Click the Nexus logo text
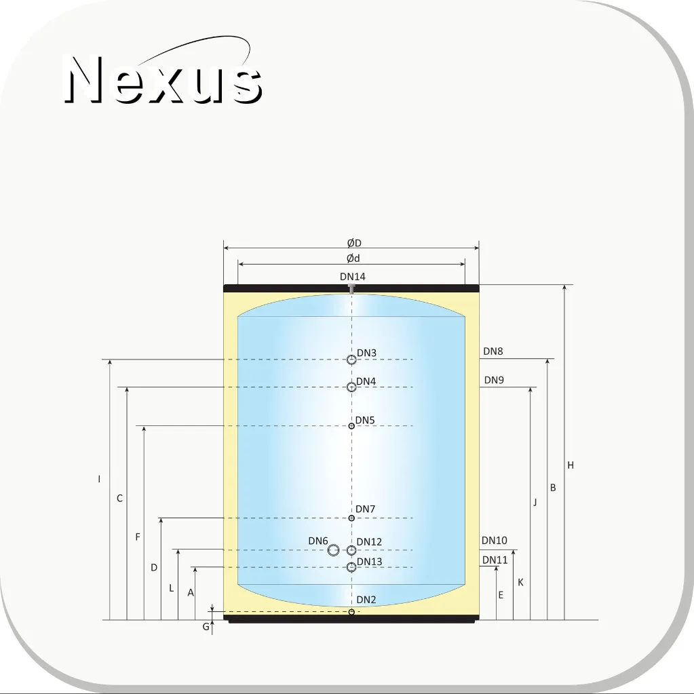163,79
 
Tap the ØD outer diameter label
354,243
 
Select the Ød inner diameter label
353,258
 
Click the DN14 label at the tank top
353,277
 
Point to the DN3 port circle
351,360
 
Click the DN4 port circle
351,387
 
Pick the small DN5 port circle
351,426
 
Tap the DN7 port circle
351,518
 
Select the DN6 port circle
333,550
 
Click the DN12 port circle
351,550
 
